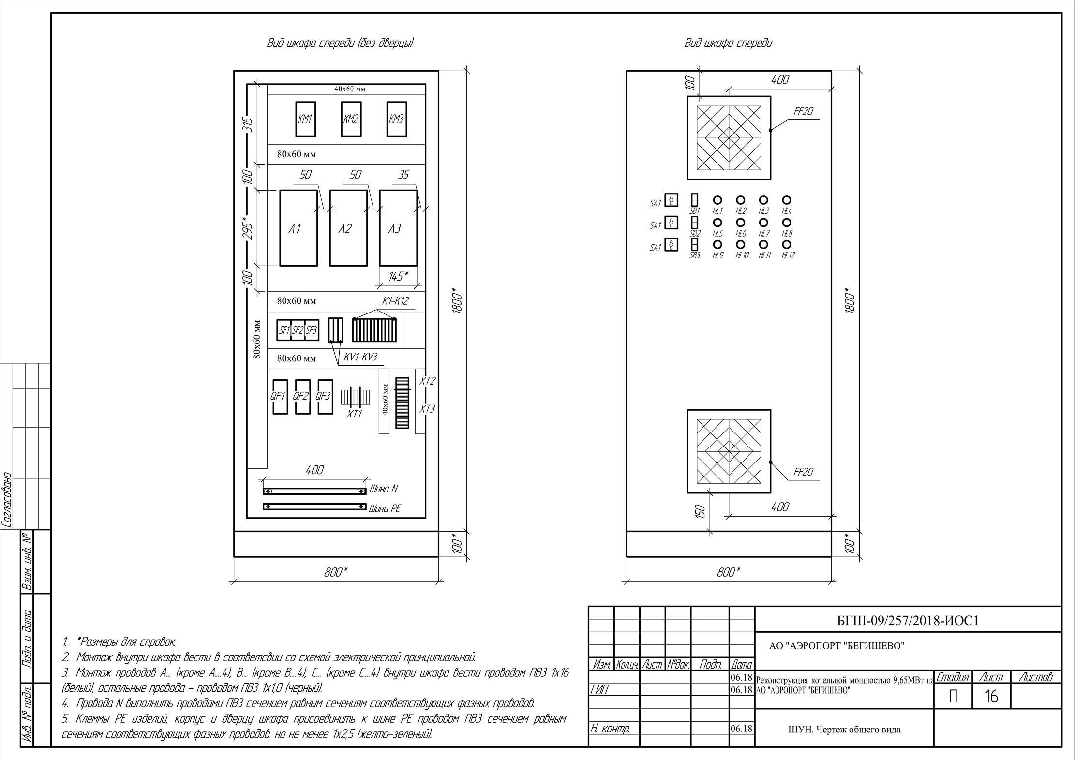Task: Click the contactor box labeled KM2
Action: click(350, 119)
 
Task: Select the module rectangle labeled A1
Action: click(299, 228)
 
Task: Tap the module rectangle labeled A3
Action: click(398, 228)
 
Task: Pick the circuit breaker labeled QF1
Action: click(280, 397)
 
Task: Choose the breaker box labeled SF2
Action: click(298, 330)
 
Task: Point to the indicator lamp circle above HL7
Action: click(763, 222)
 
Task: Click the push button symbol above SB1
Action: click(694, 200)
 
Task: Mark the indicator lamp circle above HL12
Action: click(787, 244)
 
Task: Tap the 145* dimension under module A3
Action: click(399, 276)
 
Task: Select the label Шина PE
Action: click(385, 509)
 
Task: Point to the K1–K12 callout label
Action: click(395, 301)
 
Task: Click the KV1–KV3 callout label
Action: click(360, 358)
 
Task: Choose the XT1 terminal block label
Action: click(354, 414)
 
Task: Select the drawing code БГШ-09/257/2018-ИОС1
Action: click(908, 621)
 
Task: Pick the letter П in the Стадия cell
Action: click(953, 697)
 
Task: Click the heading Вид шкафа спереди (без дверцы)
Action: click(341, 43)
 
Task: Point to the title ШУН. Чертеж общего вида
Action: click(844, 730)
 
